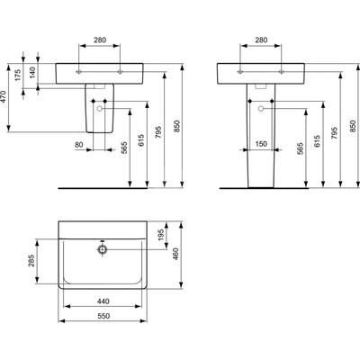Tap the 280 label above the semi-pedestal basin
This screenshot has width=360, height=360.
101,40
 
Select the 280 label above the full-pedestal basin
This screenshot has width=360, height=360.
262,40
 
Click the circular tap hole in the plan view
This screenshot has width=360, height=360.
103,245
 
